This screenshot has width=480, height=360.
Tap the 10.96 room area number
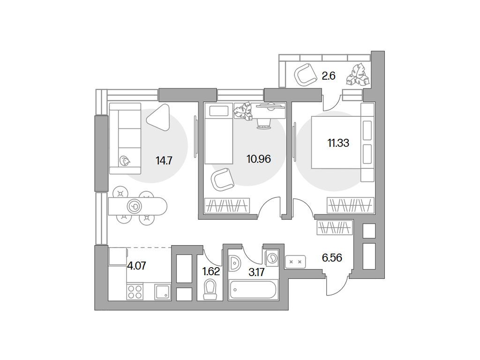[x=259, y=158]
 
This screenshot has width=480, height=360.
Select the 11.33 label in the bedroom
[x=338, y=143]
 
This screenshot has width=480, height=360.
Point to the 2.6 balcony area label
[x=329, y=75]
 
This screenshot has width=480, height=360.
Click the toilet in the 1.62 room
[x=210, y=288]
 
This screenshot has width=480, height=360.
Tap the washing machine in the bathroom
[x=271, y=259]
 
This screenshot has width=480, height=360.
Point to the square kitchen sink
[x=162, y=292]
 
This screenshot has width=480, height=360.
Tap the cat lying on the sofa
[x=126, y=162]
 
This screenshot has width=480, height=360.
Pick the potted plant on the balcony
[x=357, y=75]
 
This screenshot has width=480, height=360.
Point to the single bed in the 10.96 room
[x=219, y=134]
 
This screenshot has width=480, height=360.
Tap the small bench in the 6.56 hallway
[x=296, y=261]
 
